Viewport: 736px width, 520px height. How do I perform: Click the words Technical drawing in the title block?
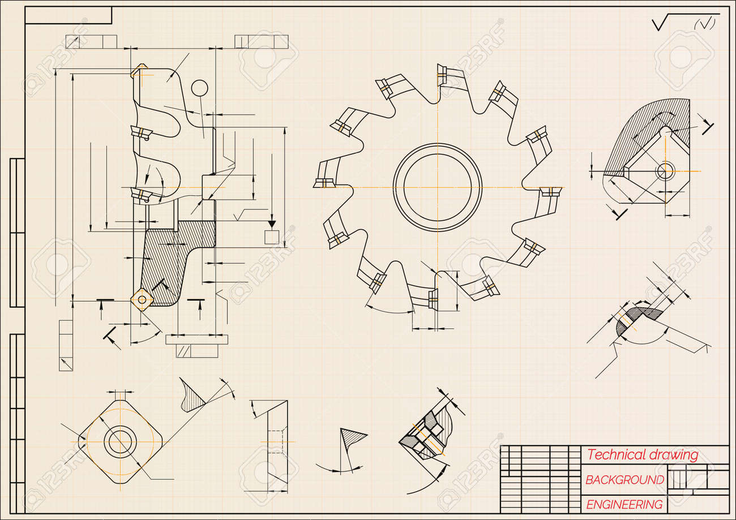(x=643, y=455)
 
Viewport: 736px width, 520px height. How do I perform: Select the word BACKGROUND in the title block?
(x=624, y=480)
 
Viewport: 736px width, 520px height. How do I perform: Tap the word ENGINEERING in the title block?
(x=624, y=505)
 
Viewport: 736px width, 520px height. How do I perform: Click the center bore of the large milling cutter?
(x=437, y=187)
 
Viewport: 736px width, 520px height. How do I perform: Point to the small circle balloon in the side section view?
(x=199, y=88)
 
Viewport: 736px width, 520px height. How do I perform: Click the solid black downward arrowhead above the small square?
(x=272, y=224)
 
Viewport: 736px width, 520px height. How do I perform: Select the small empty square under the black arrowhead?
(x=272, y=237)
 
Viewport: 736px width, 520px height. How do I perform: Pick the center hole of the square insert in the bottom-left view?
(x=120, y=442)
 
